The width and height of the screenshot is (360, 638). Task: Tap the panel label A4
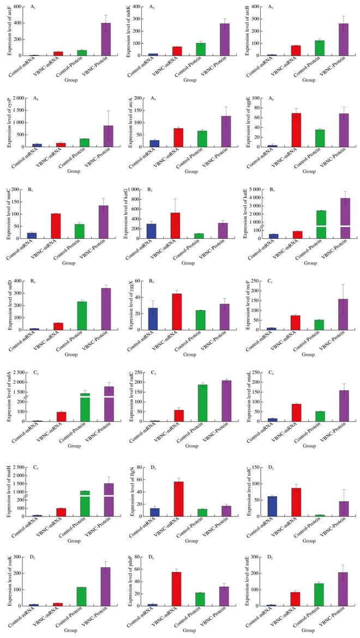pos(36,99)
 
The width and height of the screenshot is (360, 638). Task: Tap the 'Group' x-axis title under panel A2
pos(190,80)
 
